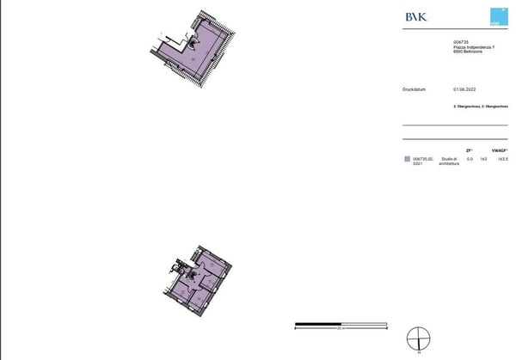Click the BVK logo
point(415,15)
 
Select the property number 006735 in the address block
point(461,41)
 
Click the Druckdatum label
point(415,88)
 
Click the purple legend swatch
point(407,159)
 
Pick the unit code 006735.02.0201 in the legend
point(422,162)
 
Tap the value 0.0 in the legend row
point(470,159)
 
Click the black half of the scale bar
point(319,325)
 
